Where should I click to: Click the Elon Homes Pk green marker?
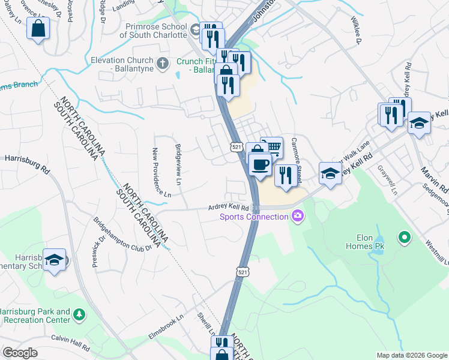pyautogui.click(x=405, y=238)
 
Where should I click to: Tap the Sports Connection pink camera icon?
pyautogui.click(x=297, y=217)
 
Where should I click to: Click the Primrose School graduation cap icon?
pyautogui.click(x=195, y=29)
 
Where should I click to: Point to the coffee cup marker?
pyautogui.click(x=259, y=163)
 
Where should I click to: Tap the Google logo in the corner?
pyautogui.click(x=20, y=353)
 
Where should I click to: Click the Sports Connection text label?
pyautogui.click(x=254, y=217)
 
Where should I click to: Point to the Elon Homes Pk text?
pyautogui.click(x=365, y=241)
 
